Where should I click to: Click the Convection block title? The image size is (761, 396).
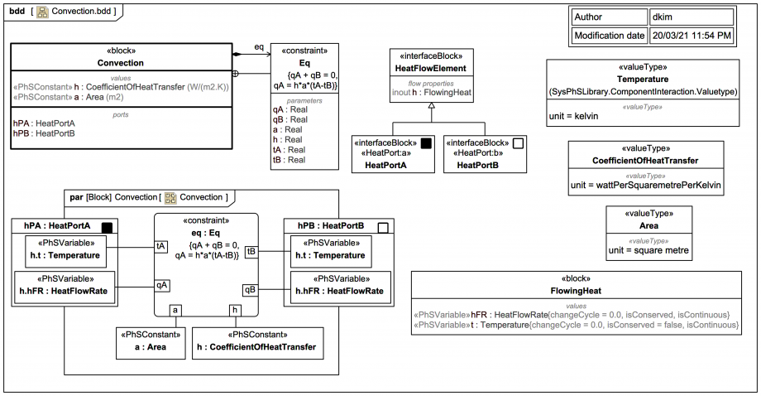121,63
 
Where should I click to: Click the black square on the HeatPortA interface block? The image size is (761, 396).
427,142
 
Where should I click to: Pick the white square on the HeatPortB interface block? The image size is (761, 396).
518,142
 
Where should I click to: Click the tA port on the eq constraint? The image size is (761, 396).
161,246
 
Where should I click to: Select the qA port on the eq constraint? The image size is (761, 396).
161,284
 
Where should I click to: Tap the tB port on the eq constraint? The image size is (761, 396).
251,250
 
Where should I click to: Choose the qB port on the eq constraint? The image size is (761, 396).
250,289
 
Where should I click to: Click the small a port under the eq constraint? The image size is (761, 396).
176,310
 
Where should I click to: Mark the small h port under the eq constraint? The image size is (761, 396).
235,310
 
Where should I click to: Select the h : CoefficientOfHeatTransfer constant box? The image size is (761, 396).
258,340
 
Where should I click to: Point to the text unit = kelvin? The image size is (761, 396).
573,116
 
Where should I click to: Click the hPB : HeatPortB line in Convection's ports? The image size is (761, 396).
43,133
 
